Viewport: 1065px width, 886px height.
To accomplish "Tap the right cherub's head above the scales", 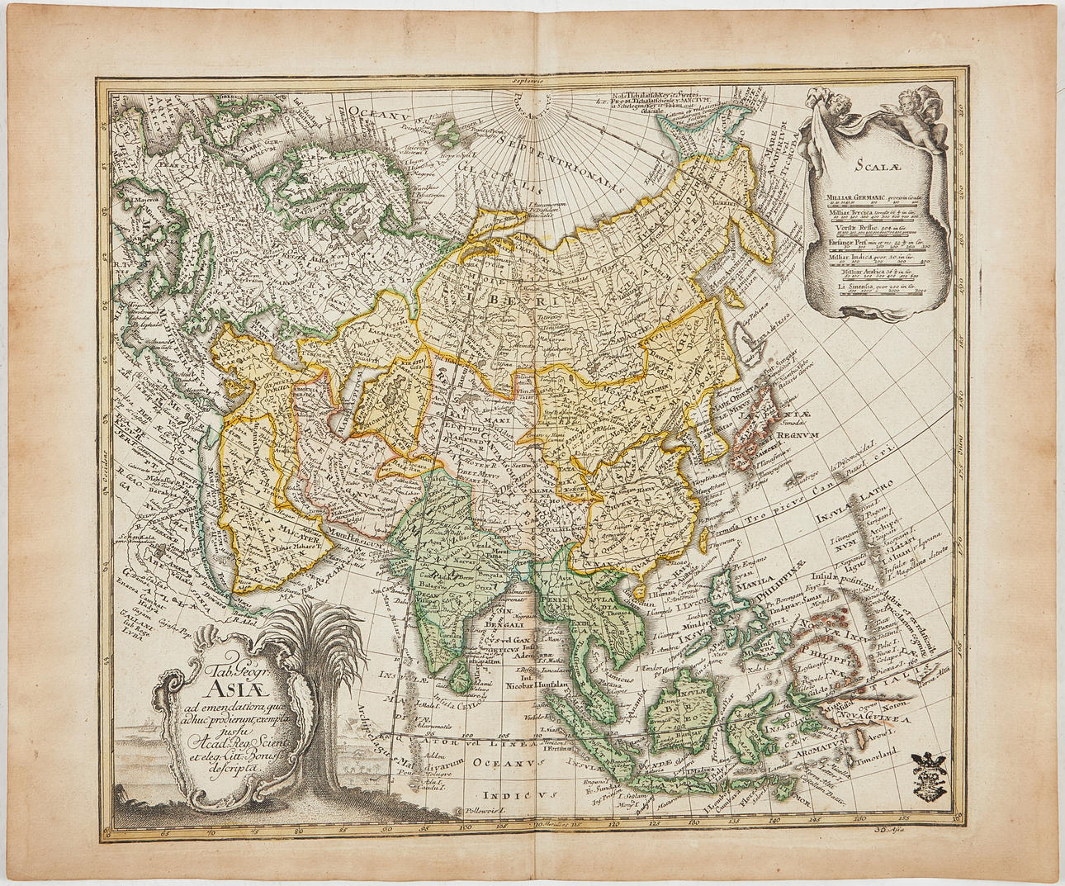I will (922, 107).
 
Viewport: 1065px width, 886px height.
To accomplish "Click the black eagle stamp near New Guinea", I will (930, 768).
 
